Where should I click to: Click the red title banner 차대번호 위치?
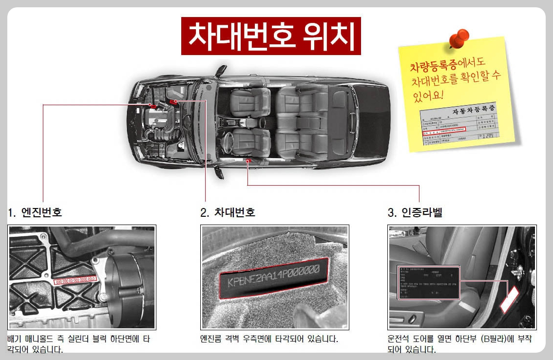click(271, 36)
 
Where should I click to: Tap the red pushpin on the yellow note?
click(458, 38)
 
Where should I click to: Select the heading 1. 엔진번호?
click(35, 212)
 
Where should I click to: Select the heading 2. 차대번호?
click(228, 212)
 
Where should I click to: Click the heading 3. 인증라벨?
click(415, 212)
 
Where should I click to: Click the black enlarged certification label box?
click(429, 283)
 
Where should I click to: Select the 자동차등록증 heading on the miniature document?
click(470, 111)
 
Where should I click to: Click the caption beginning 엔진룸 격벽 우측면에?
click(269, 338)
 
